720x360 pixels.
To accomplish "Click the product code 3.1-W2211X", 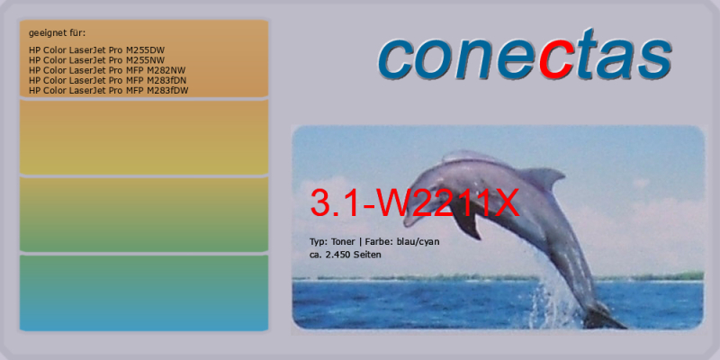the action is (415, 202).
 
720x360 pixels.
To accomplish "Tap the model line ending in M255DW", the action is (96, 50).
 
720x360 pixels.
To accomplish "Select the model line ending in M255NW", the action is (96, 60).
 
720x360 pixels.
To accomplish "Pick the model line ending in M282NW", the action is (107, 70).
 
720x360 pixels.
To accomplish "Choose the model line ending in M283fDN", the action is (107, 80).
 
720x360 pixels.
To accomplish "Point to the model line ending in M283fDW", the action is (108, 91).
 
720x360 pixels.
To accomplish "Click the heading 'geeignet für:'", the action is (57, 33).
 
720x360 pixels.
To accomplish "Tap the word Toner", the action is (342, 241).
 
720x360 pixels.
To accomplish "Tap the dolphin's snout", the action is (411, 220).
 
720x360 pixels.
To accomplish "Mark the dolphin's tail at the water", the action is (601, 317).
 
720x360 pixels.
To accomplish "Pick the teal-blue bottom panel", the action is (144, 293).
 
